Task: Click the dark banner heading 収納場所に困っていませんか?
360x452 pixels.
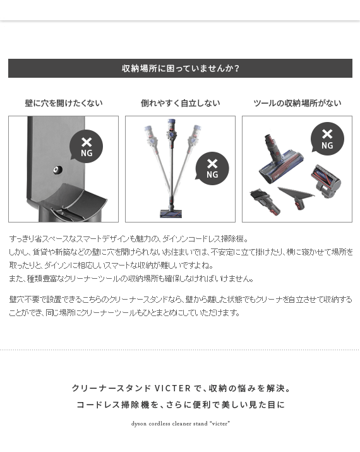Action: coord(180,68)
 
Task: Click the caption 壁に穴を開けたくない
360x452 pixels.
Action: coord(64,103)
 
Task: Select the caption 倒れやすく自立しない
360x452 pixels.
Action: coord(180,103)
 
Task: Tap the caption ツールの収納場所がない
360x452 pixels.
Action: coord(297,103)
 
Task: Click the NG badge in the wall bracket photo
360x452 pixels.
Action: coord(86,146)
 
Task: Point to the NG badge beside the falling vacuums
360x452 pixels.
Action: coord(212,168)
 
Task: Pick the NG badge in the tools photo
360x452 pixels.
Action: coord(327,139)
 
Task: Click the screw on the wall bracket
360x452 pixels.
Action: coord(58,170)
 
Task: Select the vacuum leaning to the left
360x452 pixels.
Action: coord(157,156)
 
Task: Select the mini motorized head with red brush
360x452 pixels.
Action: coord(326,181)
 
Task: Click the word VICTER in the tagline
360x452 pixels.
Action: coord(172,388)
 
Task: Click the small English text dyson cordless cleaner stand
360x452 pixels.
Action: coord(169,424)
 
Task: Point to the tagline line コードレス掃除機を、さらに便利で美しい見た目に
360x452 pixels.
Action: coord(181,405)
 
